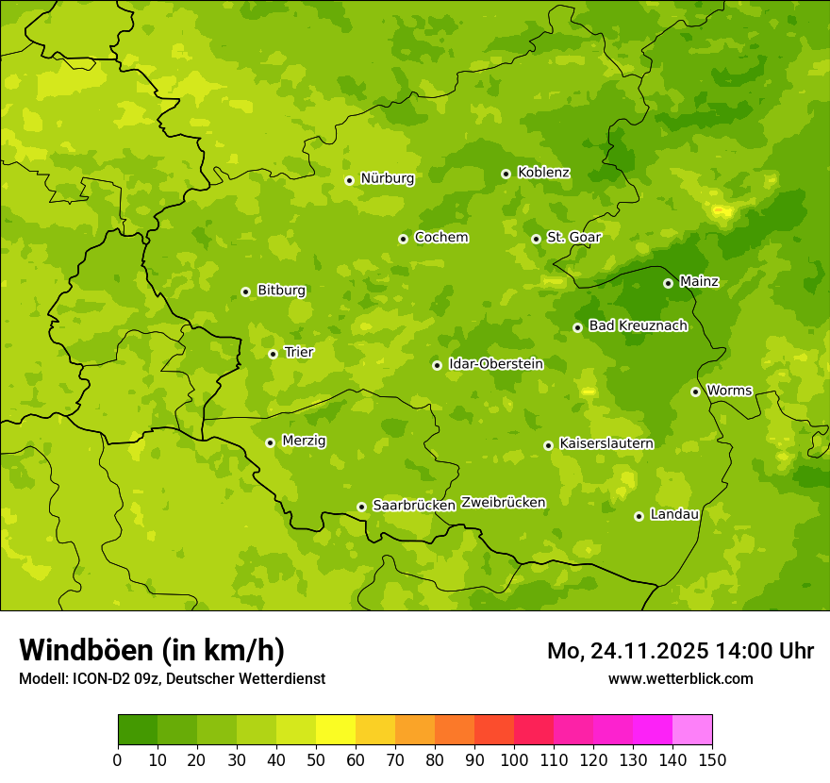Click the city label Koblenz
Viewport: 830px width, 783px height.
click(x=543, y=173)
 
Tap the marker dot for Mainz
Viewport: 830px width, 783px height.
click(x=668, y=283)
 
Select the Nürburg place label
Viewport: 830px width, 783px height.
click(x=387, y=178)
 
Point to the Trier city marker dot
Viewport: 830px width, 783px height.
click(x=273, y=354)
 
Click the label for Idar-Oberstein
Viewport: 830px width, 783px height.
click(x=495, y=364)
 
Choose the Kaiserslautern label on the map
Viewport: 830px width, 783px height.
click(x=606, y=443)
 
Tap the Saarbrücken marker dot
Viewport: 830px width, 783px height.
click(x=361, y=507)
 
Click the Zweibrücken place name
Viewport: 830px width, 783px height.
click(x=503, y=503)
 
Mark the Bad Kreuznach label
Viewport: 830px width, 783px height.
click(x=638, y=325)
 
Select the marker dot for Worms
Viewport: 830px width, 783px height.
click(x=695, y=391)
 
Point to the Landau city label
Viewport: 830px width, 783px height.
click(x=674, y=514)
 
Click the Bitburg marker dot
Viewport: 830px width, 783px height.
click(x=245, y=292)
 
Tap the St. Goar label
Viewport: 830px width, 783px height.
click(x=573, y=238)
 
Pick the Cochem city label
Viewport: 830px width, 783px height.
click(x=440, y=238)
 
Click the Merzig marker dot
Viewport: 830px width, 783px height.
click(x=270, y=442)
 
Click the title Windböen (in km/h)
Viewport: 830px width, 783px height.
click(x=152, y=650)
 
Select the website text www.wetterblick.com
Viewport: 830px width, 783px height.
click(x=680, y=678)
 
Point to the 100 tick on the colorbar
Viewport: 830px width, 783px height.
click(x=514, y=759)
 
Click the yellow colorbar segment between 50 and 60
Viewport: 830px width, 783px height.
click(x=336, y=730)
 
